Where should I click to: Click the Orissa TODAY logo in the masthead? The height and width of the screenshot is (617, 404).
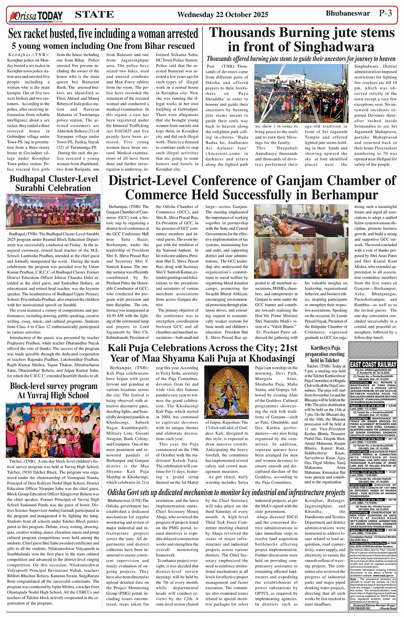click(35, 16)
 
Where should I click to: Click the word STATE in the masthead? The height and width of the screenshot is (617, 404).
click(94, 15)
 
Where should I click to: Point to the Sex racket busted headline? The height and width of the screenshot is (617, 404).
click(103, 34)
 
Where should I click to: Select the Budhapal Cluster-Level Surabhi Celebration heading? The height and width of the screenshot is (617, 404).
click(53, 183)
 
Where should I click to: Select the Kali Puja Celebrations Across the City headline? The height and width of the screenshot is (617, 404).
click(202, 353)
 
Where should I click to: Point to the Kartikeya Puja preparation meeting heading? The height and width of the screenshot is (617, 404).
click(325, 354)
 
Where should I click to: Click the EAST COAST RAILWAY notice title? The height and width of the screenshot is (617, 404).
click(373, 365)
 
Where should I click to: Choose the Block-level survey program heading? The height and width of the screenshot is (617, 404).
click(53, 391)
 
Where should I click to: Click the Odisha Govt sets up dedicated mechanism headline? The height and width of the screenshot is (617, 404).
click(226, 492)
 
